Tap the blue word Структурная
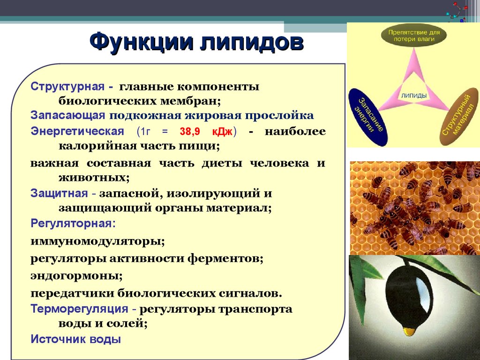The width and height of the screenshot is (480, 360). [67, 87]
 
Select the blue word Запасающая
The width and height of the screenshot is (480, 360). [67, 115]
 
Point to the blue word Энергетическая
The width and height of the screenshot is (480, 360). [77, 131]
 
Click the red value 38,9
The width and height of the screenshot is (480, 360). [190, 132]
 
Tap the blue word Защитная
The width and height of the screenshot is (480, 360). [59, 194]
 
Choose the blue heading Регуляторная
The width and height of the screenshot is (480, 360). [73, 224]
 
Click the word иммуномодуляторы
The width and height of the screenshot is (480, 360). [97, 241]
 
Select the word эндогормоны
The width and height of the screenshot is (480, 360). [76, 276]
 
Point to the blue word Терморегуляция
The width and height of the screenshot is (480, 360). [79, 308]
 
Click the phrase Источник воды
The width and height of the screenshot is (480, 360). [75, 339]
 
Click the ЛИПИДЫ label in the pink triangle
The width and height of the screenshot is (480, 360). [414, 96]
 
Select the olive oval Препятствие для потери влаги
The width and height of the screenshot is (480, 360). [414, 36]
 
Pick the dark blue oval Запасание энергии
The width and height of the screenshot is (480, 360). [368, 117]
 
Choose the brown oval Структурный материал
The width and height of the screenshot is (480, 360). [459, 116]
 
